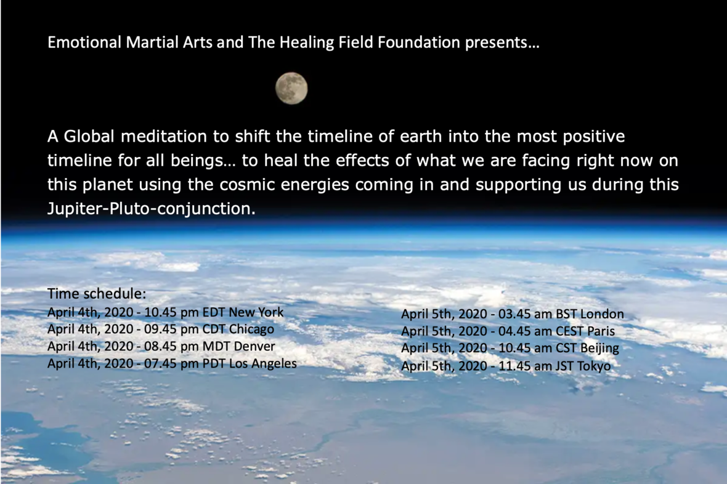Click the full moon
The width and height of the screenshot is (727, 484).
[291, 88]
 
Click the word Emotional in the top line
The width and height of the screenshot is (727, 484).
[84, 42]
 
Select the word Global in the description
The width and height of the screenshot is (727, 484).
[89, 136]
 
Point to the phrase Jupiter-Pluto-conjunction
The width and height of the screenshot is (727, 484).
[152, 209]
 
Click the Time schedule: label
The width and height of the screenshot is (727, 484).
[97, 294]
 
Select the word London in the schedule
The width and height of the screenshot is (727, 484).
[602, 314]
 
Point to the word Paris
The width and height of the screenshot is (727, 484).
[601, 331]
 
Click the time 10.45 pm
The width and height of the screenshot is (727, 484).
[171, 312]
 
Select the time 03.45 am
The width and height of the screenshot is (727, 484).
[525, 314]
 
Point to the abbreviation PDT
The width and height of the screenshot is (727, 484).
[214, 363]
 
